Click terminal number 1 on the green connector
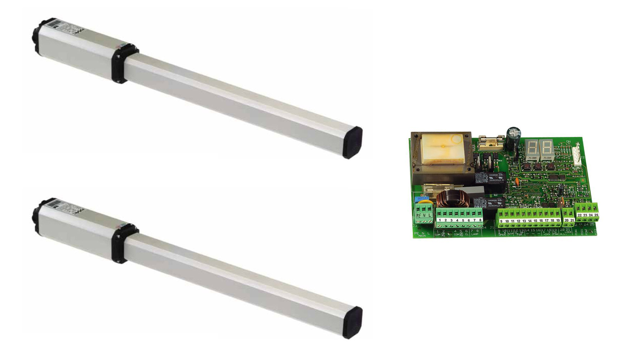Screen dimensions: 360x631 (440, 220)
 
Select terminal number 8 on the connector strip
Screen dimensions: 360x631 (480, 220)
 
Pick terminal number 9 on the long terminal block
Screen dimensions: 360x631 (501, 221)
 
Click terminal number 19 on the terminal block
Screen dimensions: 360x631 (558, 220)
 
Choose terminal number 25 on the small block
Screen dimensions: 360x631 (596, 215)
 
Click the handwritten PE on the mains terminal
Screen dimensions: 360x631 (419, 215)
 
